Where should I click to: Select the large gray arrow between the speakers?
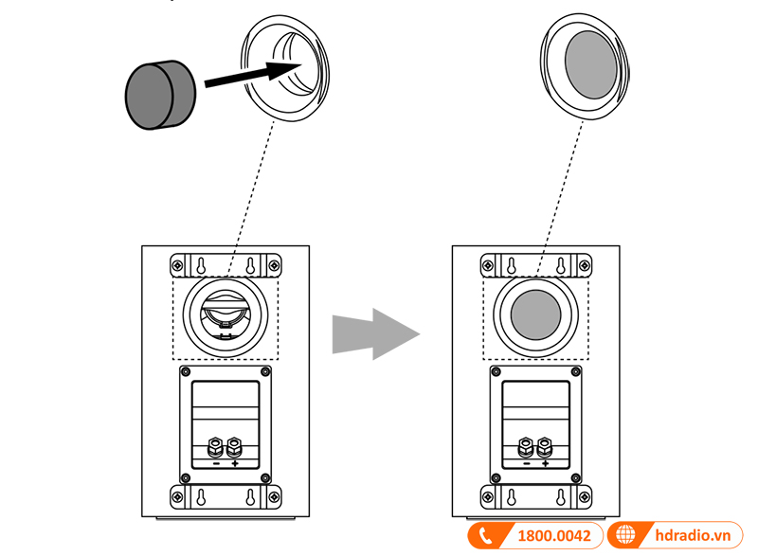point(375,333)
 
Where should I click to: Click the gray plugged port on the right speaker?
point(535,314)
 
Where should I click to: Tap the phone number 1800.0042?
point(553,536)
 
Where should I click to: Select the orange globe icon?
point(624,536)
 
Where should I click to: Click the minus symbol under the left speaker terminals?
point(216,464)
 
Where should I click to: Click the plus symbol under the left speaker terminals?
point(234,464)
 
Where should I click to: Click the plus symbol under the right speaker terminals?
point(545,464)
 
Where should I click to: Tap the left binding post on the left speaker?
point(216,445)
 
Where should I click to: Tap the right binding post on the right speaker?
point(545,445)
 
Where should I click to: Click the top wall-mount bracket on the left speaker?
point(225,264)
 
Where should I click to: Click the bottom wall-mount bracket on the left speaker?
point(225,496)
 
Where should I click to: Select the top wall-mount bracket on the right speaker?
point(535,264)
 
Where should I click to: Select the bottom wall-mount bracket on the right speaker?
point(535,496)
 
